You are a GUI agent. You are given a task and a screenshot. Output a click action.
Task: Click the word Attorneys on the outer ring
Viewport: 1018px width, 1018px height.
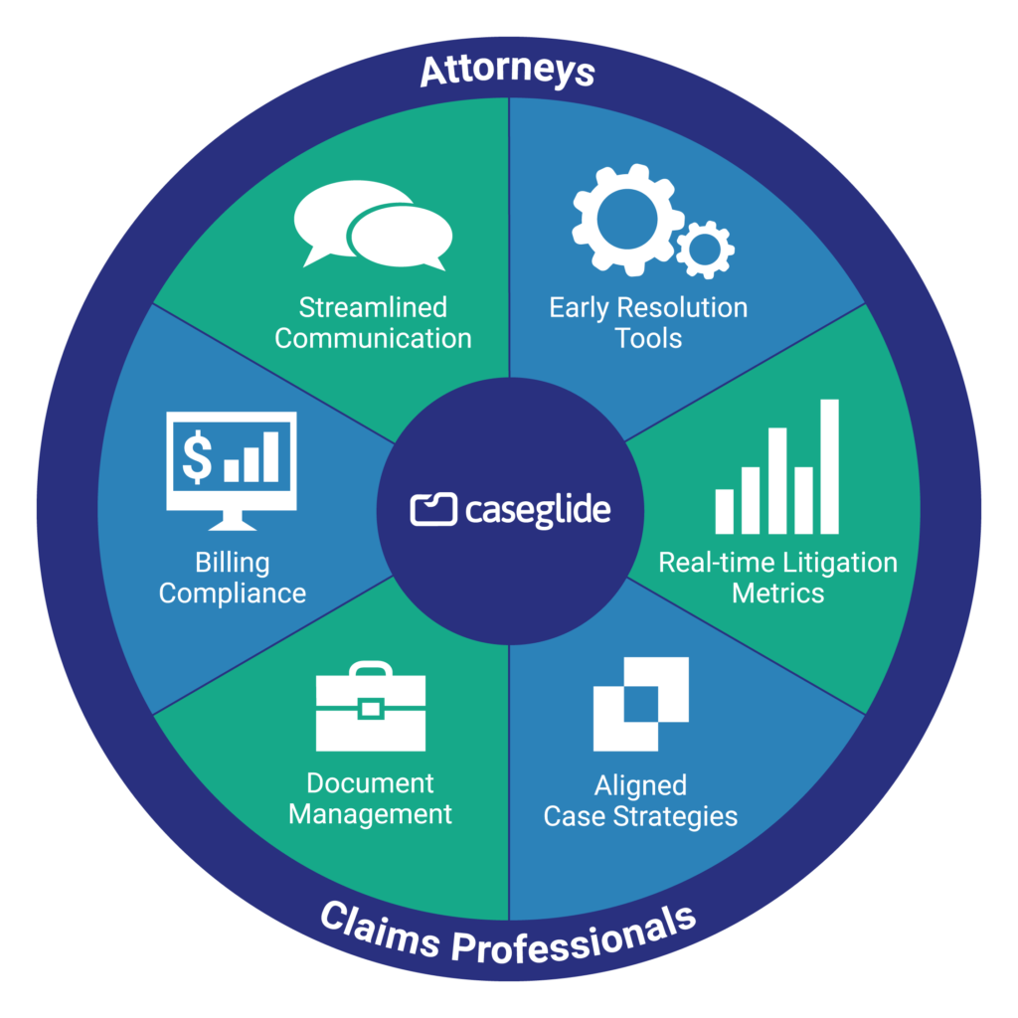point(507,72)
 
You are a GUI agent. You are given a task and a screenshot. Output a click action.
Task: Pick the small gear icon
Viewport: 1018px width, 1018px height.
point(705,249)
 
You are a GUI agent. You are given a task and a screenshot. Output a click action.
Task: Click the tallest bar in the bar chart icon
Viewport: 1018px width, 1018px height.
point(829,466)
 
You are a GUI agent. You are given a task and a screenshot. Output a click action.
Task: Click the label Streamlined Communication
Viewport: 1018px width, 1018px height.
point(373,323)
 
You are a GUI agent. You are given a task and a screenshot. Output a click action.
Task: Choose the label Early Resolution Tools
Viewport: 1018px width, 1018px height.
point(648,323)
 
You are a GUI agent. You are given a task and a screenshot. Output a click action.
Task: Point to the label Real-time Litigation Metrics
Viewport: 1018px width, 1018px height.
point(777,578)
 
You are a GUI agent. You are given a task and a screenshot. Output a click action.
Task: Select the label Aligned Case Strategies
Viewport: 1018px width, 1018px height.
point(640,801)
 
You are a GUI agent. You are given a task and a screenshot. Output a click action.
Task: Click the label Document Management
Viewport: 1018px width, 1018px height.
point(370,799)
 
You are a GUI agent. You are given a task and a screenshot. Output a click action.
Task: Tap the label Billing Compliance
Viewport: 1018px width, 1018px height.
point(232,578)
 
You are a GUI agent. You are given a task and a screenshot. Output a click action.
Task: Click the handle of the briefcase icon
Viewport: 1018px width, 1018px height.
point(370,670)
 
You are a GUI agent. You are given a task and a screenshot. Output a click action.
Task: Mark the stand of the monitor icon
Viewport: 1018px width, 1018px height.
point(231,520)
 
